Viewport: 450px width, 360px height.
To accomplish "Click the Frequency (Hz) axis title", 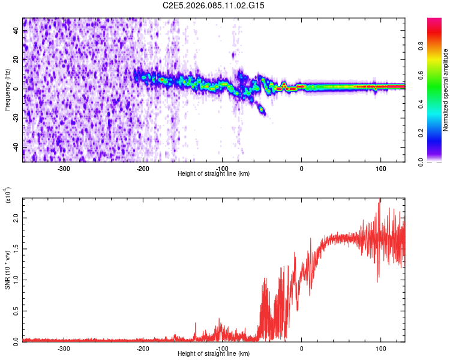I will (x=7, y=90).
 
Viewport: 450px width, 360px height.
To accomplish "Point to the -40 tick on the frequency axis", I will (x=16, y=147).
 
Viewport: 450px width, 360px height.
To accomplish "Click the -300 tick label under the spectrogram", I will (x=64, y=168).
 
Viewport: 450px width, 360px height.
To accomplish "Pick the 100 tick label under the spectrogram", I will (x=380, y=168).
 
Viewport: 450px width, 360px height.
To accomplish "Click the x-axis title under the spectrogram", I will (x=214, y=174).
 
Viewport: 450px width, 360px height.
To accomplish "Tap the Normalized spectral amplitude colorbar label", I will (x=446, y=90).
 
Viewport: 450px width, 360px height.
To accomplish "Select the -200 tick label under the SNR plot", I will (x=143, y=348).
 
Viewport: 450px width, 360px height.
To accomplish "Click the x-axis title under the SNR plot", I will (x=214, y=354).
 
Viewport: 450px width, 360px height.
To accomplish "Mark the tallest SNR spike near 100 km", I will (x=379, y=200).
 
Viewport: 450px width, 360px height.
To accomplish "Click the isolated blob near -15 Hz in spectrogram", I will (x=261, y=109).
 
